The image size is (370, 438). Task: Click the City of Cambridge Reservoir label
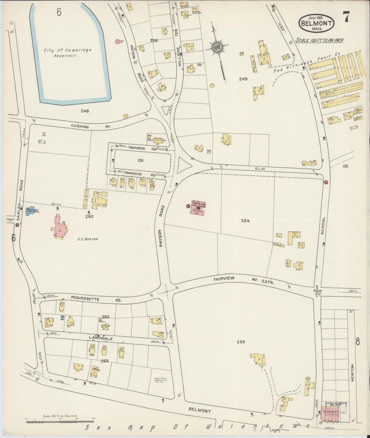[x=67, y=53]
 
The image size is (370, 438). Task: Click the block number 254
[x=245, y=221]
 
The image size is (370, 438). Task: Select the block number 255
[x=241, y=342]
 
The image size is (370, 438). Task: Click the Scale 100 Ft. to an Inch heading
[x=320, y=40]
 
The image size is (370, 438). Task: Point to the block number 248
[x=84, y=111]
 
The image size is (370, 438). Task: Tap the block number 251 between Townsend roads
[x=140, y=160]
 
